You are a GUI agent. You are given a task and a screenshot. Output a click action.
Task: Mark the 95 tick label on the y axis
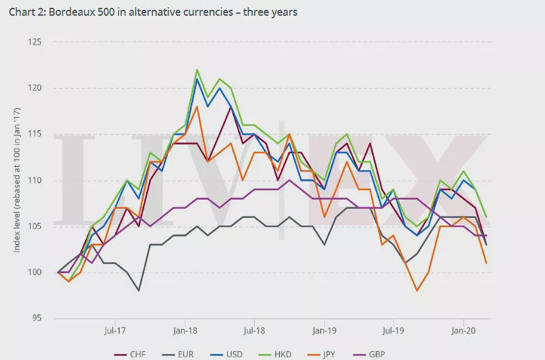(x=36, y=318)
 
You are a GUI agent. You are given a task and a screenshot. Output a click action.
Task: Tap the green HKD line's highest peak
(x=197, y=70)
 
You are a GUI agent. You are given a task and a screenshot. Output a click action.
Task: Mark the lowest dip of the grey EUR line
(x=138, y=290)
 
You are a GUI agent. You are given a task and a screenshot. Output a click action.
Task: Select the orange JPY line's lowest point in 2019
(x=417, y=290)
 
